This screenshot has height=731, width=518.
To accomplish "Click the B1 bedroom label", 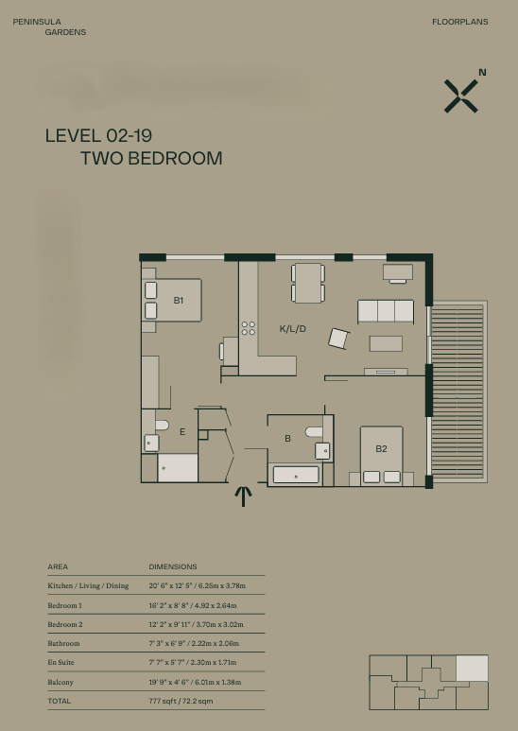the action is click(179, 301).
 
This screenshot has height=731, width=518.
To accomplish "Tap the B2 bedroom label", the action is click(381, 449).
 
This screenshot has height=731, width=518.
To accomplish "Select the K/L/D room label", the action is click(292, 329).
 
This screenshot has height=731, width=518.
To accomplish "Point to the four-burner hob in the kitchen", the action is click(249, 328).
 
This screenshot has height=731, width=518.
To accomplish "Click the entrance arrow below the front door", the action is click(243, 496).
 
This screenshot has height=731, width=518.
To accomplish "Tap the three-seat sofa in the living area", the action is click(386, 311).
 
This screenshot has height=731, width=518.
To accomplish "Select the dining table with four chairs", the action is click(308, 283).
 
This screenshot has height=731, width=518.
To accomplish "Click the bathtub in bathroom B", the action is click(296, 475).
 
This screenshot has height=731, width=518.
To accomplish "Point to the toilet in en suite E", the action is click(162, 426).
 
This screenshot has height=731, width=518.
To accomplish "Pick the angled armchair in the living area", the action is click(338, 339).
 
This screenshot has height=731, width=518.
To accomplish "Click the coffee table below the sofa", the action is click(386, 343).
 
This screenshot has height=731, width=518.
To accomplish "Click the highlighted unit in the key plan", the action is click(472, 668).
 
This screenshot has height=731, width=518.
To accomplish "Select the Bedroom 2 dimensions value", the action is click(196, 624).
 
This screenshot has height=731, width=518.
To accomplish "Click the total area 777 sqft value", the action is click(181, 701).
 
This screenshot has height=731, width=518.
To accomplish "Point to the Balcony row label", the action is click(60, 682).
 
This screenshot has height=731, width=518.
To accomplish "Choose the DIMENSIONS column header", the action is click(173, 566).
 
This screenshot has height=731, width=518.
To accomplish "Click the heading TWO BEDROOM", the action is click(151, 159).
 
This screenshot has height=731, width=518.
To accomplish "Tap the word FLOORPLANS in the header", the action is click(460, 22).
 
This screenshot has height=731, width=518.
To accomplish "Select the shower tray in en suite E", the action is click(178, 467).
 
